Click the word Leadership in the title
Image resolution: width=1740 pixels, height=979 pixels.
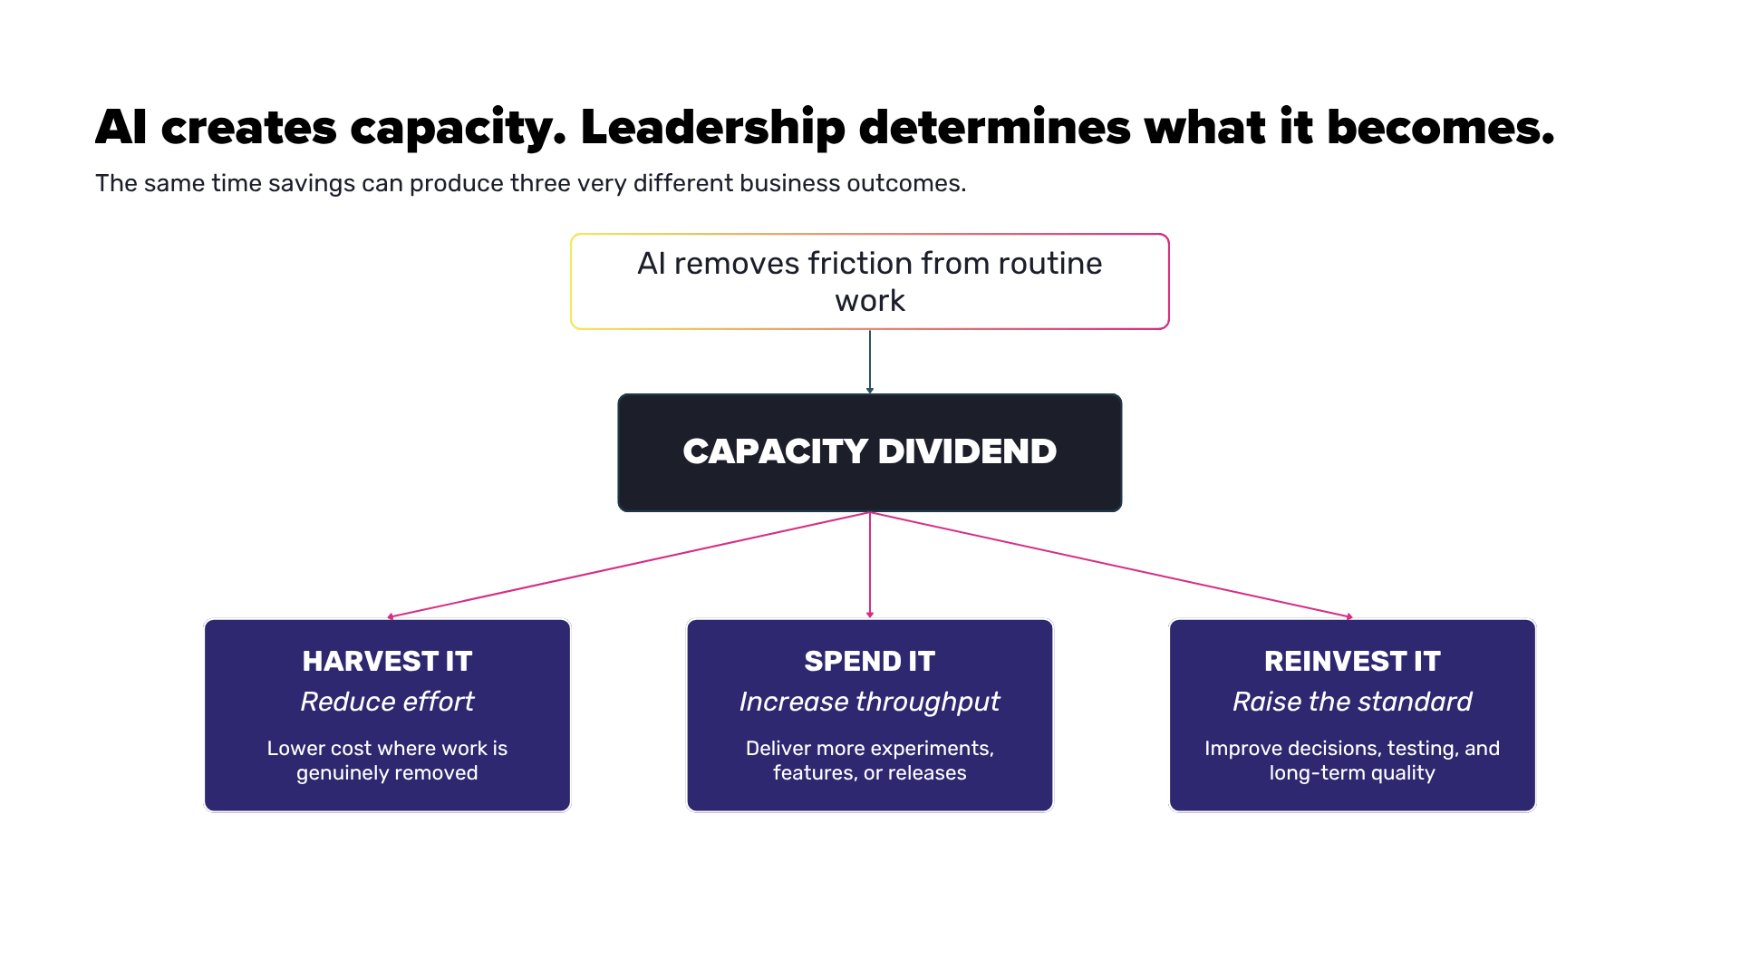coord(712,128)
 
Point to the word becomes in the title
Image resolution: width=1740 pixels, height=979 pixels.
coord(1441,128)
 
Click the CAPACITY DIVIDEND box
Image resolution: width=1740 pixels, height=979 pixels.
coord(870,452)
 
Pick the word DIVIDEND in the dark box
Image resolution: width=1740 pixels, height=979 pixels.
coord(967,451)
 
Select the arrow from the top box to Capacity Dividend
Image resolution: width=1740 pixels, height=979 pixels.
coord(870,362)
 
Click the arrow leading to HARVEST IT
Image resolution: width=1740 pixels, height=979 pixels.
coord(628,565)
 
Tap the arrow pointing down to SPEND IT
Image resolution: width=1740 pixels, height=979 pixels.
coord(870,566)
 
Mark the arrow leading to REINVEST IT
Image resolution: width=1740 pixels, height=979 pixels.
coord(1111,565)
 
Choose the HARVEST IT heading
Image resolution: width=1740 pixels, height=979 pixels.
coord(387,661)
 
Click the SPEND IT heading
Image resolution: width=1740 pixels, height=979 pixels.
coord(870,661)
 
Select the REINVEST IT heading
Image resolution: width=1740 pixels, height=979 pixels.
coord(1352,661)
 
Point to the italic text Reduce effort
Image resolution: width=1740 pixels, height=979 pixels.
coord(387,702)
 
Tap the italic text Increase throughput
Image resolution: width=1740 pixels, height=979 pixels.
coord(870,703)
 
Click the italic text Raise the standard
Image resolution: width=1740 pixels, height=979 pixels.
coord(1352,702)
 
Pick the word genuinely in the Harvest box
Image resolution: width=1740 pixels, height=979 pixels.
coord(340,773)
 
